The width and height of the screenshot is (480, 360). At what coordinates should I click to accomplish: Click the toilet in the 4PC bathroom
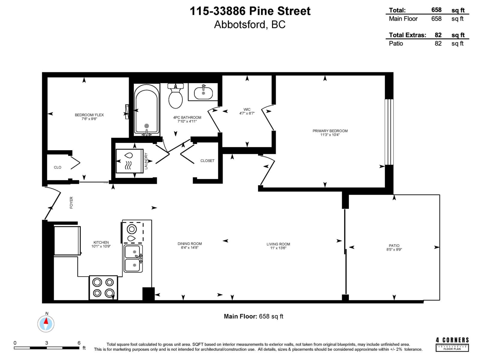point(175,97)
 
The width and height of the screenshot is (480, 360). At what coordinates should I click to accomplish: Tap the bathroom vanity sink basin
point(203,93)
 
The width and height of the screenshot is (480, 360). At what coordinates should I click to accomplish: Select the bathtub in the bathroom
point(147,109)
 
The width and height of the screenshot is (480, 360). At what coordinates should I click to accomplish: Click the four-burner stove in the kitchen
point(103,287)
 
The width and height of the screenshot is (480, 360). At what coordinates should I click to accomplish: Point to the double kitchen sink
point(133,258)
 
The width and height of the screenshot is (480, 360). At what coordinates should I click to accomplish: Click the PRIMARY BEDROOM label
point(330,131)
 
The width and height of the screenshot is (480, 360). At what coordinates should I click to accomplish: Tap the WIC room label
point(247,109)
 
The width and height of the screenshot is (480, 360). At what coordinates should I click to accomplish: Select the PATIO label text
point(394,245)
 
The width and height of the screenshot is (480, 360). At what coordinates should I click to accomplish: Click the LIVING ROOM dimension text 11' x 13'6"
point(278,248)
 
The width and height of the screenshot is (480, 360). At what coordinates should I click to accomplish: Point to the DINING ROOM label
point(190,244)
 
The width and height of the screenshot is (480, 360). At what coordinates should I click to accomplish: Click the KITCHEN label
point(101,242)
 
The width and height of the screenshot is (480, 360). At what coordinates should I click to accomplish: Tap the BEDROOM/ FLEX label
point(89,115)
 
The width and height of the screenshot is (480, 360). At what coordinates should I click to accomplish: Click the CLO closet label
point(58,167)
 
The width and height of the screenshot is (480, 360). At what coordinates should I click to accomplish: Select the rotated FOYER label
point(71,202)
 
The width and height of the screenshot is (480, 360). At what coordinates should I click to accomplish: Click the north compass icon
point(46,324)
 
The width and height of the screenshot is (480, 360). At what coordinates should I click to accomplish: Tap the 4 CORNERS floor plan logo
point(452,344)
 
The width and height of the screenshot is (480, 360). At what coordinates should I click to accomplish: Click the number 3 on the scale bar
point(46,343)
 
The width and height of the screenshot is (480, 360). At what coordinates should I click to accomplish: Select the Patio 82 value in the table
point(438,43)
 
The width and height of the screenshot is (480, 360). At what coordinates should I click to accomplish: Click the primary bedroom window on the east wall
point(389,132)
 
